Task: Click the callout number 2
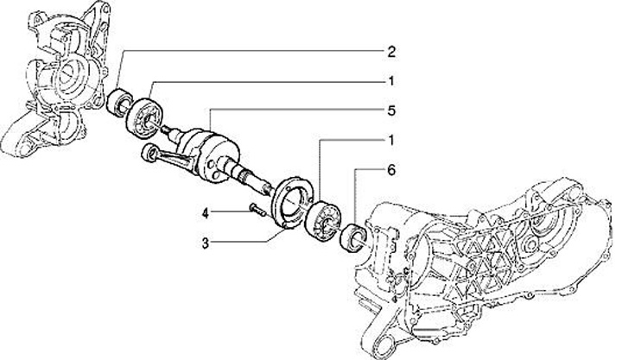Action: point(391,52)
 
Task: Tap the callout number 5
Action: point(391,111)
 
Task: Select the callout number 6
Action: point(391,170)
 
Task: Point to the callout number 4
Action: point(205,214)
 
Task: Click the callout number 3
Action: point(205,243)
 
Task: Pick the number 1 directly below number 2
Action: point(391,81)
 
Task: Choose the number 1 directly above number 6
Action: point(391,141)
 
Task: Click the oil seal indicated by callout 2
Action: point(119,103)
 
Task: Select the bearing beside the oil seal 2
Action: point(144,115)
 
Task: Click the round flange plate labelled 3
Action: point(292,203)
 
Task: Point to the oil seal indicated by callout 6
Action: point(354,237)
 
